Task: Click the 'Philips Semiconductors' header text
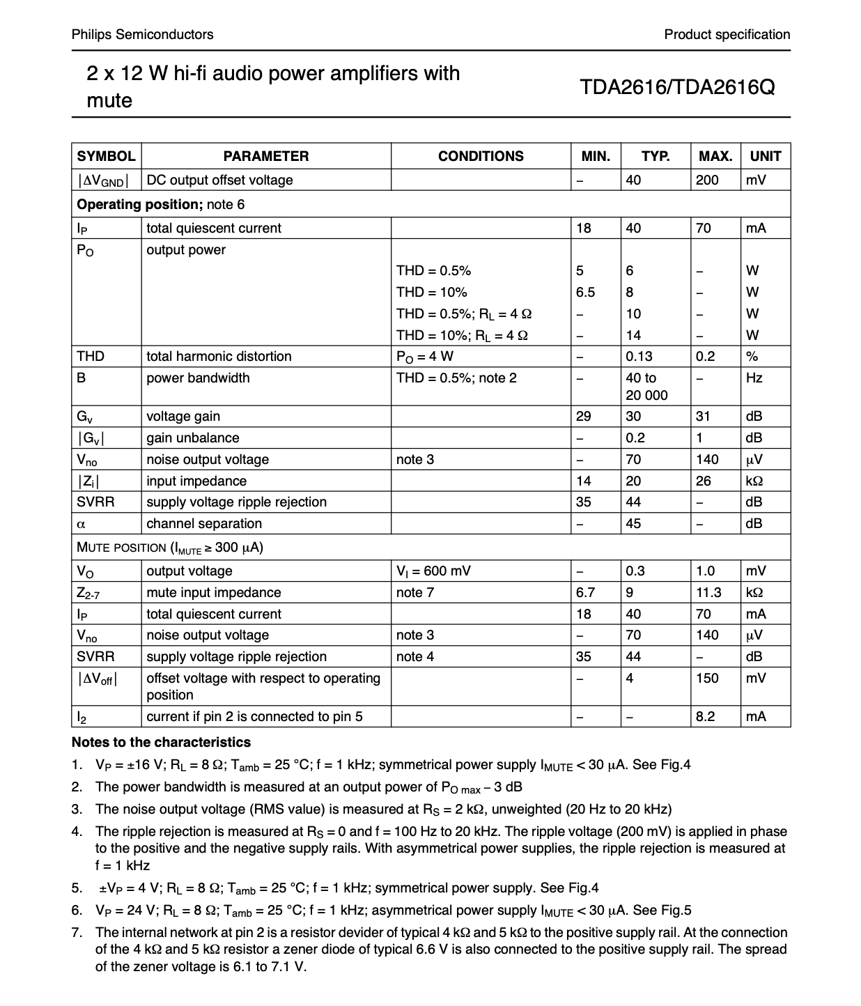(x=142, y=34)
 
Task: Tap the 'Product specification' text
(x=727, y=34)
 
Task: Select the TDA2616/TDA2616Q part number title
(x=676, y=87)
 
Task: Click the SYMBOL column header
(x=106, y=156)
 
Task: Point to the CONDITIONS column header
(x=481, y=156)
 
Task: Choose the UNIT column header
(x=765, y=156)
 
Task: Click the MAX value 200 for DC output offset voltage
(x=707, y=180)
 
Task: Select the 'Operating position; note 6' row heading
(x=160, y=204)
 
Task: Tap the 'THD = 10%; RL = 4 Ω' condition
(x=462, y=335)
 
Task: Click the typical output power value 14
(x=633, y=335)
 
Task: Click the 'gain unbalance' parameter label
(x=192, y=438)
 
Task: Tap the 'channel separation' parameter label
(x=204, y=523)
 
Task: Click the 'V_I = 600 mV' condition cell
(x=433, y=571)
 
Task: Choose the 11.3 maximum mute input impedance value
(x=708, y=592)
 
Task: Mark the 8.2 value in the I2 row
(x=706, y=716)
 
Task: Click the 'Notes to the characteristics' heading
(x=161, y=742)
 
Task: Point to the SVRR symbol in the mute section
(x=95, y=656)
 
